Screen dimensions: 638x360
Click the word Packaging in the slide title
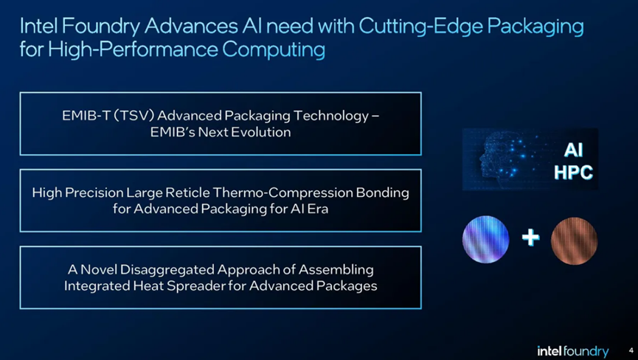coord(535,27)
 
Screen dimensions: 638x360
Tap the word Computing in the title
coord(274,50)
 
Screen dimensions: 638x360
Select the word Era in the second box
coord(318,209)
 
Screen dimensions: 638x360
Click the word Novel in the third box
coord(99,269)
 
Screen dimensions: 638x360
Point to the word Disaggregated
coord(167,270)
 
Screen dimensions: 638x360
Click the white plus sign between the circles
coord(530,237)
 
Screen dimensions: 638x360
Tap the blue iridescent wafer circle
coord(485,239)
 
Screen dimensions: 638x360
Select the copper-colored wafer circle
coord(574,240)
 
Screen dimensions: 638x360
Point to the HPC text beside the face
coord(573,173)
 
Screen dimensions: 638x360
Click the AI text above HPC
coord(573,150)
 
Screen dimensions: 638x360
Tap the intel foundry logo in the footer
coord(573,351)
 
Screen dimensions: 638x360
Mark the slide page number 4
coord(631,350)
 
